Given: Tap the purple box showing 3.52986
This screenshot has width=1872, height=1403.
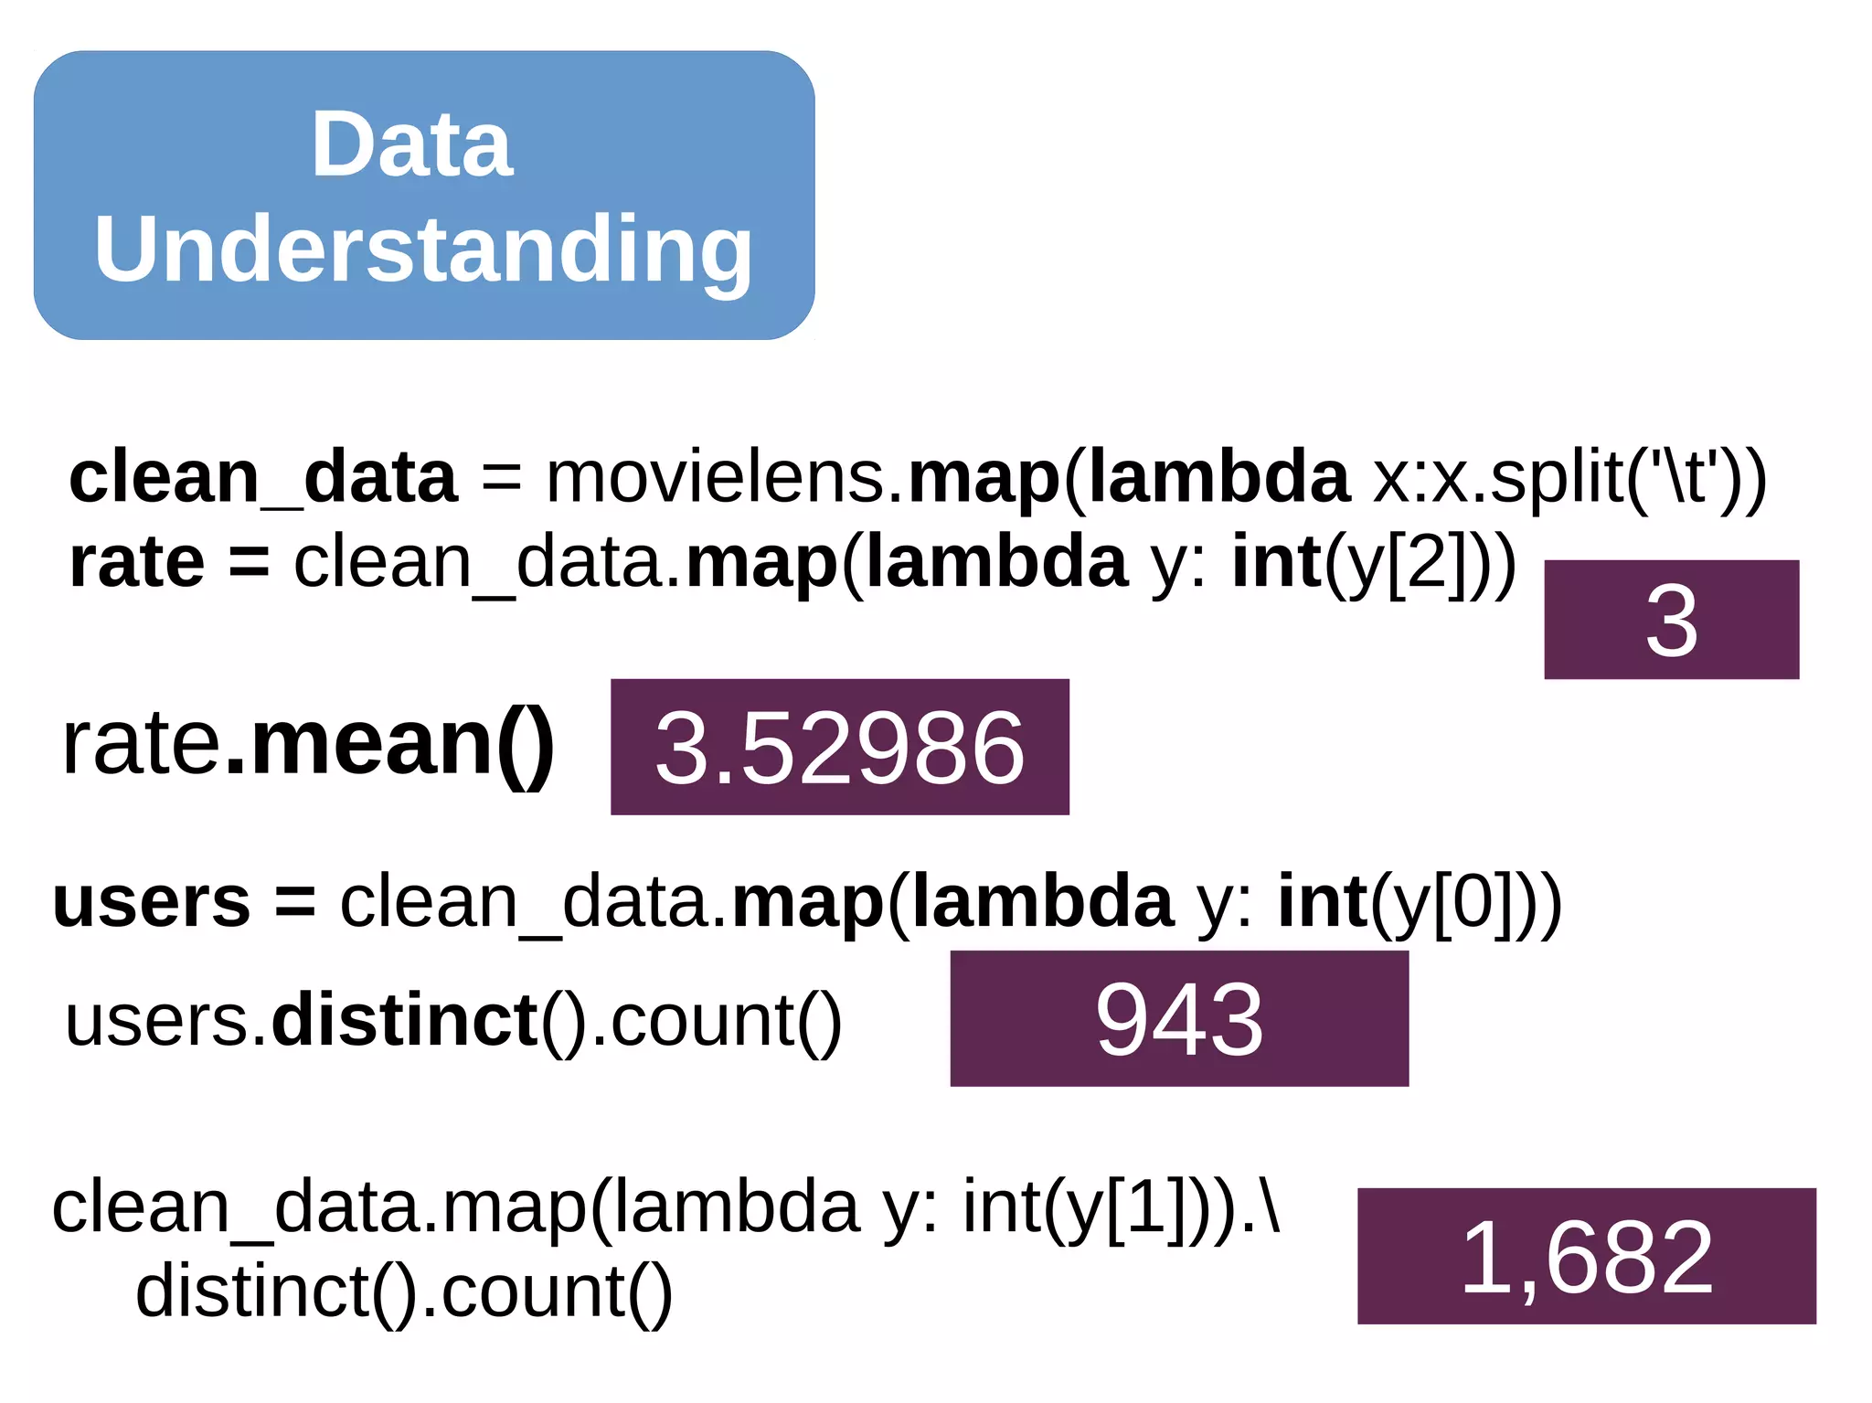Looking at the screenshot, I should click(x=839, y=747).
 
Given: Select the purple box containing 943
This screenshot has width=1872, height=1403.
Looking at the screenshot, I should click(x=1179, y=1018).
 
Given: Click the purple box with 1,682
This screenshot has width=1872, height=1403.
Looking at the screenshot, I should click(x=1586, y=1256).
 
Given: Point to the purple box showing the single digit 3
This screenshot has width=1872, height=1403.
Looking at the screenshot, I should click(x=1671, y=620).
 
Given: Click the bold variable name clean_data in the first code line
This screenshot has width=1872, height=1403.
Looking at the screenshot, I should click(x=262, y=478).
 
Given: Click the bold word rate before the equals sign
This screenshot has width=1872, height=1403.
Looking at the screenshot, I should click(x=136, y=562).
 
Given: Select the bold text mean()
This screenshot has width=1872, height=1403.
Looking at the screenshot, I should click(x=389, y=745).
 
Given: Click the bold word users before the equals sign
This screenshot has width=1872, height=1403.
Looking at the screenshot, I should click(x=151, y=902).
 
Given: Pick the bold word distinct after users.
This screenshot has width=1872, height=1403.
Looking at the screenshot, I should click(x=405, y=1021).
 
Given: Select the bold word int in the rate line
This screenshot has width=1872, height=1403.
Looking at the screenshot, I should click(x=1276, y=562).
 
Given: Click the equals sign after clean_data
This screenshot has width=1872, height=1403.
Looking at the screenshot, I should click(x=501, y=478).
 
